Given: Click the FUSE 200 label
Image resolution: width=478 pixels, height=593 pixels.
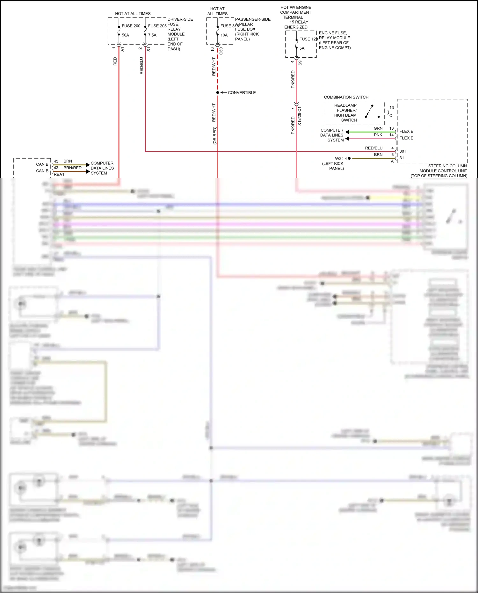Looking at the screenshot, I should point(131,26).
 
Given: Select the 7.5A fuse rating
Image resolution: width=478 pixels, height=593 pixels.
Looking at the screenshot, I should point(152,35).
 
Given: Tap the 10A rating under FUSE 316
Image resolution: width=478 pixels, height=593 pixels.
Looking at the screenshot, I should point(224,35).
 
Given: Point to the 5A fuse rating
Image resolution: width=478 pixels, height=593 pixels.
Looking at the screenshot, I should point(302,48).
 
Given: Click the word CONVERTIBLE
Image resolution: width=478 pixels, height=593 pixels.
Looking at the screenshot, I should point(242,93).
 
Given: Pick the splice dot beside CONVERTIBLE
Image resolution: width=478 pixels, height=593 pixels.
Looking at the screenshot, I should point(218,93).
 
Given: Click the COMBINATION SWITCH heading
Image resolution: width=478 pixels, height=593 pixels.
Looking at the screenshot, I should point(346,97).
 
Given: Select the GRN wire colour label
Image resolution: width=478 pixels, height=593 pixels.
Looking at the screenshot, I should point(378,128).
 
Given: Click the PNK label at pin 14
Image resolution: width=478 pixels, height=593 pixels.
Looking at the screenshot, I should point(378,135).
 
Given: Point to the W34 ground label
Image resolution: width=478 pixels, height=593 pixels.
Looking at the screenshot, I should point(339,158).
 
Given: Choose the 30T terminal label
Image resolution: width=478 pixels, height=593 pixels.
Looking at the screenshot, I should point(403,151).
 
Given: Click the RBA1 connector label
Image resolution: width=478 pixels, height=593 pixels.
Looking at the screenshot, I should point(59,174).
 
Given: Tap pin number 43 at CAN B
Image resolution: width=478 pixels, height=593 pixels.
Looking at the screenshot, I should point(56,161).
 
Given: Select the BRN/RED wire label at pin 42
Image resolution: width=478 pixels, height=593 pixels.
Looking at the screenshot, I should point(72,168).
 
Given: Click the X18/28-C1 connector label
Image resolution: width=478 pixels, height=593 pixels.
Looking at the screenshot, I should point(300,116).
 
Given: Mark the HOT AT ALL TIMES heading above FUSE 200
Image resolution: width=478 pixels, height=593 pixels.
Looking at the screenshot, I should point(133,14).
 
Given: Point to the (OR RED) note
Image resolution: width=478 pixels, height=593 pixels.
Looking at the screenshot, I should point(214,136).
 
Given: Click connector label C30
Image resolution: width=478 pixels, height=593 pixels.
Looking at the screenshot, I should point(221,51).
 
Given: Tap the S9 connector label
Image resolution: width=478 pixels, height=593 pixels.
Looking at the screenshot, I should point(300,63).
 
